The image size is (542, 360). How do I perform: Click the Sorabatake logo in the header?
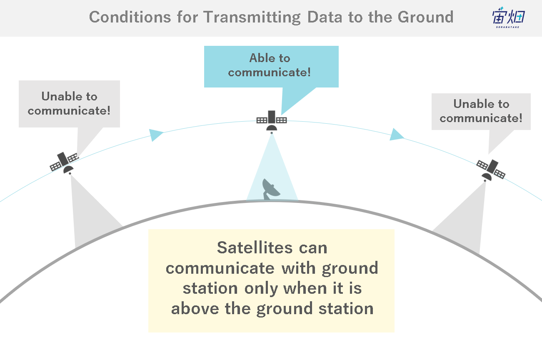pyautogui.click(x=508, y=17)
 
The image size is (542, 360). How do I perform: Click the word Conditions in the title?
pyautogui.click(x=130, y=17)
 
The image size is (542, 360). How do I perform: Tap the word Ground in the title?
pyautogui.click(x=426, y=17)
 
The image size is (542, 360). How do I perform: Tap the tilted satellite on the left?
pyautogui.click(x=64, y=163)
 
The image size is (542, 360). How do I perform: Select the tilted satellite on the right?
pyautogui.click(x=491, y=170)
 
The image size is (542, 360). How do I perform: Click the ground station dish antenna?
pyautogui.click(x=270, y=189)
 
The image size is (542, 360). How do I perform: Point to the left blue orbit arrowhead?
pyautogui.click(x=155, y=135)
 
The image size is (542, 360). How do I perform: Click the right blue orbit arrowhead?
pyautogui.click(x=396, y=135)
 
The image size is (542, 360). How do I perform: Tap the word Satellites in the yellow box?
pyautogui.click(x=255, y=248)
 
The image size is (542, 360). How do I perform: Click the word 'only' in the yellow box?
pyautogui.click(x=261, y=289)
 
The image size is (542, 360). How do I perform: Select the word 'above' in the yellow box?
pyautogui.click(x=195, y=308)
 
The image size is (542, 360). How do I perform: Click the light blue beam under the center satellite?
pyautogui.click(x=272, y=174)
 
